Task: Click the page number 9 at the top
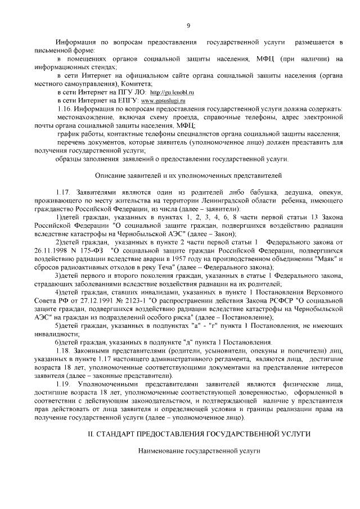188,25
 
